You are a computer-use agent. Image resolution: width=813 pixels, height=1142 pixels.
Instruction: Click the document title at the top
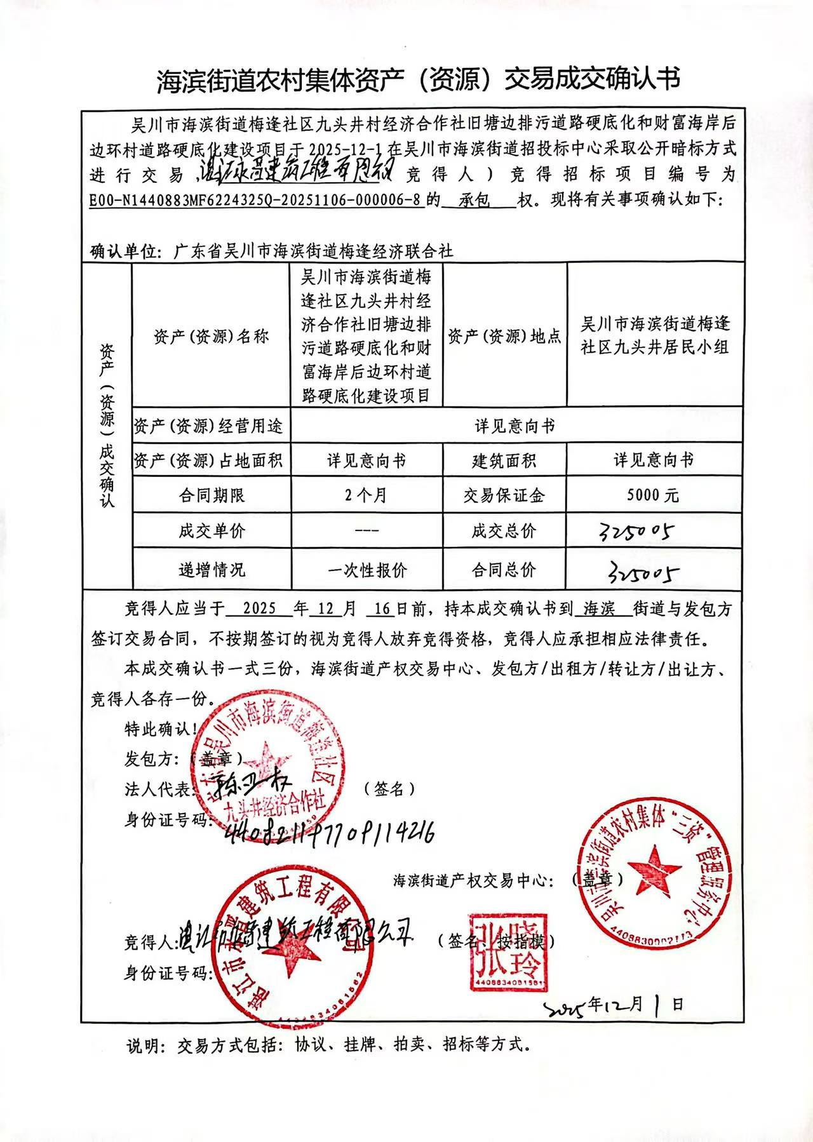418,79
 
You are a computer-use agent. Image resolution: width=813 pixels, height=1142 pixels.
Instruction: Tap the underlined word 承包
474,200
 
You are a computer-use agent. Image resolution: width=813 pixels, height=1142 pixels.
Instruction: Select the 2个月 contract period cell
366,495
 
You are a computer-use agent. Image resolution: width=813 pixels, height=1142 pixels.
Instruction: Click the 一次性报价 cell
366,570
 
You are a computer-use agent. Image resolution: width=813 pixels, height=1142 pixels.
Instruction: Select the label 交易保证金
504,495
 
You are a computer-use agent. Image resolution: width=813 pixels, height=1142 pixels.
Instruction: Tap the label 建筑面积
504,460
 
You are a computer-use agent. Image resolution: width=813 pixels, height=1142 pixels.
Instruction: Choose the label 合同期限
211,495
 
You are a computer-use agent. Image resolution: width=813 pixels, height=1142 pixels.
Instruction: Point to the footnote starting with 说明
326,1044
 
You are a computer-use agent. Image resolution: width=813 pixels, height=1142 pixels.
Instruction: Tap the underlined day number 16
382,608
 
